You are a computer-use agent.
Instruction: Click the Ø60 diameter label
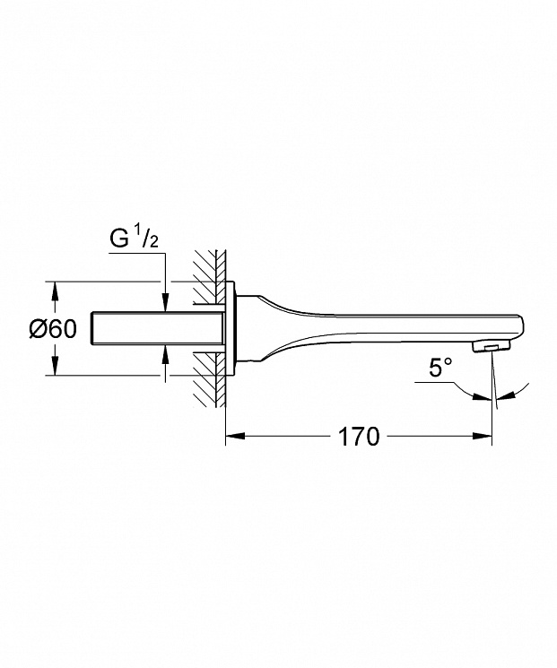click(53, 329)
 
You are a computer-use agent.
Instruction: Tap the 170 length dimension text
click(359, 437)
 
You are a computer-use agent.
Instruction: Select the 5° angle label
click(440, 368)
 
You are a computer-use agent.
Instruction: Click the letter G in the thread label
click(119, 239)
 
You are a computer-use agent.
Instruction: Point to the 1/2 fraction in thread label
click(147, 238)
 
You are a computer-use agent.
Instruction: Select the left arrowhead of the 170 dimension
click(235, 436)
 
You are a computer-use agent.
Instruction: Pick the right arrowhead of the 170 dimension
click(483, 436)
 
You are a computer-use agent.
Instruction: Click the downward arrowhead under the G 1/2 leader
click(165, 303)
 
